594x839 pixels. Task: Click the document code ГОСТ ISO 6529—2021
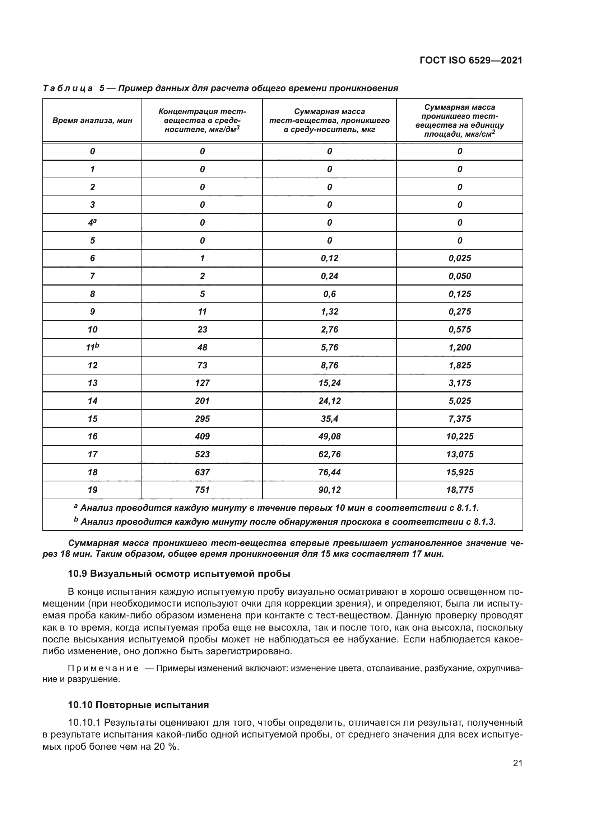coord(471,60)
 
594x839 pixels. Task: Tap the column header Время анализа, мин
coord(92,121)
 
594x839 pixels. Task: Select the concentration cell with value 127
coord(202,383)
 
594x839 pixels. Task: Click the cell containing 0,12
coord(329,258)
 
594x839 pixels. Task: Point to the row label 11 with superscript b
coord(92,347)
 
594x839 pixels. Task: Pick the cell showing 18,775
coord(459,490)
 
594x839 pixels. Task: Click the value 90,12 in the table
coord(329,490)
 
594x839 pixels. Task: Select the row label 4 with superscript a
coord(92,222)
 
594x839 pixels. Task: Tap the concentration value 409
coord(202,436)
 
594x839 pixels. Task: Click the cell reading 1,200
coord(459,348)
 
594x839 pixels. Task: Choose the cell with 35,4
coord(329,419)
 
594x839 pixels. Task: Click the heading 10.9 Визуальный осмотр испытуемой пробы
coord(179,574)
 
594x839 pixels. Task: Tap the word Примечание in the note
coord(103,669)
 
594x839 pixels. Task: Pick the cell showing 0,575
coord(459,330)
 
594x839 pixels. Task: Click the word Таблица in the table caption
coord(68,89)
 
